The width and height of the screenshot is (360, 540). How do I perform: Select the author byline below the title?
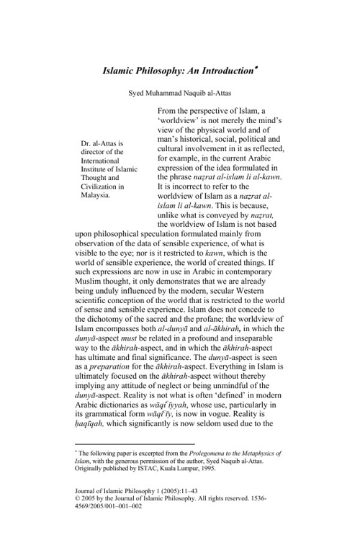click(180, 93)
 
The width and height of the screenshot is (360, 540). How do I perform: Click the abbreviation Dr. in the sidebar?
click(88, 143)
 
